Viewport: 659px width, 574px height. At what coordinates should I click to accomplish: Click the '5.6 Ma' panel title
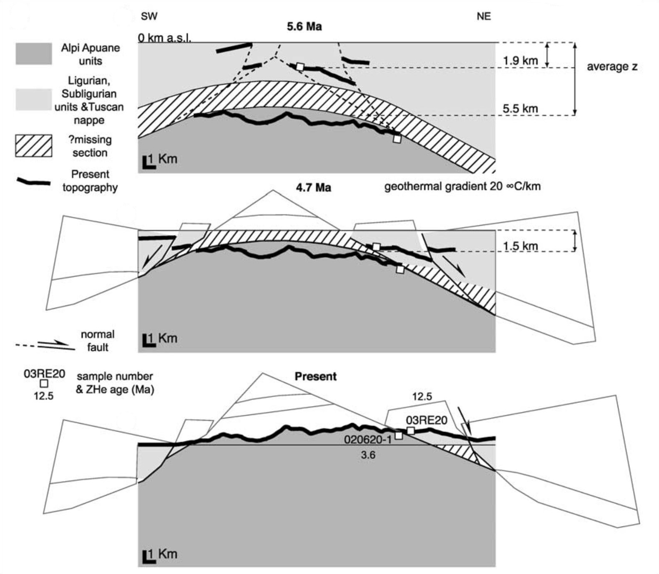click(304, 27)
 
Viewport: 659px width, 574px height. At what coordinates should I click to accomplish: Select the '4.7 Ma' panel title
click(313, 187)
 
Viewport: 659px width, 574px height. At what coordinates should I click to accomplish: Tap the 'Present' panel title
click(315, 377)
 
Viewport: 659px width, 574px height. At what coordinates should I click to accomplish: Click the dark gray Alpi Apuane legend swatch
click(34, 54)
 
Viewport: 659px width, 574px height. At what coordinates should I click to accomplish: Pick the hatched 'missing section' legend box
click(34, 146)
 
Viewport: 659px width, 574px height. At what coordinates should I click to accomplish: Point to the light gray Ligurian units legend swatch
click(34, 100)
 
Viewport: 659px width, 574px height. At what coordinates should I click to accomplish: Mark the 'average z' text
click(612, 67)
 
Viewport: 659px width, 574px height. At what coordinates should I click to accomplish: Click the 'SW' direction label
click(149, 16)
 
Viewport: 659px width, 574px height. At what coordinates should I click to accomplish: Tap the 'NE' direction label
click(484, 16)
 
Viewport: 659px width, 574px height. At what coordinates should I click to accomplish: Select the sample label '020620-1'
click(368, 439)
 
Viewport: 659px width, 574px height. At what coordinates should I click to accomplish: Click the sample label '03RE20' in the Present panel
click(426, 420)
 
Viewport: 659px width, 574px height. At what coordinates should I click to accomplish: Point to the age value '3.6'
click(368, 455)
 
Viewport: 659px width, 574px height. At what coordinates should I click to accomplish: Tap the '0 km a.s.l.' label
click(164, 38)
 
